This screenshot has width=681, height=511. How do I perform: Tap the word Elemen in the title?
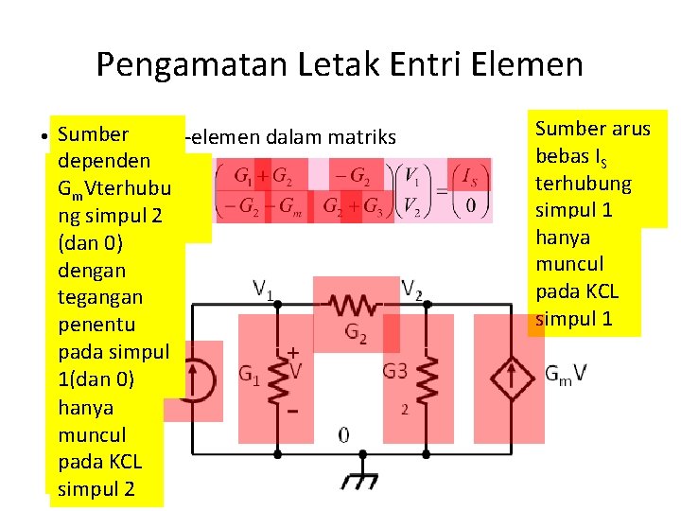[535, 64]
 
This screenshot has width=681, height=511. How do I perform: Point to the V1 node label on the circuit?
[264, 288]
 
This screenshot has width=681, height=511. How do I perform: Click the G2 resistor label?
[356, 333]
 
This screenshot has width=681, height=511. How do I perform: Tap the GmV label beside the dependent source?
[566, 374]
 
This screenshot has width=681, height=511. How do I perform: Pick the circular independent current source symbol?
[200, 375]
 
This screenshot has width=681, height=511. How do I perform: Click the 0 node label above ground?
[344, 435]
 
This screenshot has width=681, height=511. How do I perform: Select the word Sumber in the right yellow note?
[567, 128]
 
